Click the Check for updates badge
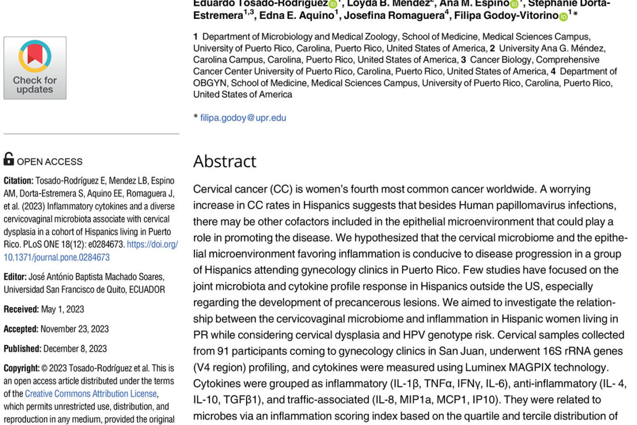(x=35, y=68)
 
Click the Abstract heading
(x=224, y=161)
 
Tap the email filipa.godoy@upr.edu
(x=243, y=117)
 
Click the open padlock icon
(x=9, y=159)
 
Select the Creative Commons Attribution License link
(x=91, y=393)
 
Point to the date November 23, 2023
(x=75, y=329)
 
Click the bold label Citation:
(x=18, y=181)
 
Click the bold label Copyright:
(x=22, y=368)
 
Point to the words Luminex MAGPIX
(x=491, y=367)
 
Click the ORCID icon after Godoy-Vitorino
(x=563, y=17)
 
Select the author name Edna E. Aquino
(x=296, y=15)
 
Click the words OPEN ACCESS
(x=50, y=162)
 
